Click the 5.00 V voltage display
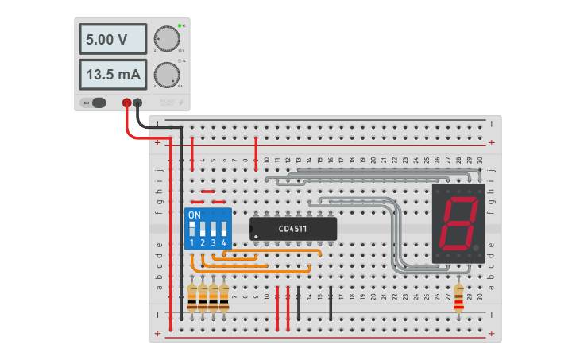[x=112, y=38]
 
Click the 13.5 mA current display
[x=112, y=75]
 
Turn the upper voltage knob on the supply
[x=166, y=38]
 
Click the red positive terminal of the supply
[x=126, y=102]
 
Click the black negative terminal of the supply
[x=138, y=102]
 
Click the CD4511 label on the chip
[x=292, y=229]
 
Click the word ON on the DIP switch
[x=195, y=215]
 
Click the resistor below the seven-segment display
[x=458, y=299]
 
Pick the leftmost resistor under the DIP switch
[x=192, y=297]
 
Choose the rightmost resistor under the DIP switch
[x=224, y=297]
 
